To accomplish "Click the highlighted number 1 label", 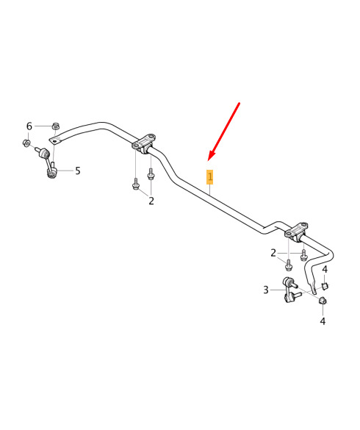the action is point(209,177).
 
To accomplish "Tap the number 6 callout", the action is point(29,126).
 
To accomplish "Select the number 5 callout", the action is point(78,171).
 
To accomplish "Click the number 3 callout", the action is point(266,290).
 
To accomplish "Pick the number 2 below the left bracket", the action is point(151,201).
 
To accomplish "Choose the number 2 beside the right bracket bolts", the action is point(273,253).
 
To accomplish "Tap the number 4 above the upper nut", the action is point(325,269).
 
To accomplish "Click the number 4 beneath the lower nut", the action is point(323,321).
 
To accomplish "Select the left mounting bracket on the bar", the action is point(144,143).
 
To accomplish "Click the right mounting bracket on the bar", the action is point(296,232).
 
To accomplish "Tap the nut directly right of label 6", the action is point(56,126).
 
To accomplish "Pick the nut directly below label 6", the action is point(26,143).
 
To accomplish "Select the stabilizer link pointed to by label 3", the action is point(291,290).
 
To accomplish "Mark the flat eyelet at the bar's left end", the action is point(56,141).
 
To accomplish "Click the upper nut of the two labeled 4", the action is point(325,285).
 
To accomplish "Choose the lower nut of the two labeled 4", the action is point(323,301).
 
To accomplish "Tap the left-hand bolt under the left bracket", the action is point(135,184).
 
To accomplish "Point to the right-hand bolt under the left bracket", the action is point(151,174).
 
